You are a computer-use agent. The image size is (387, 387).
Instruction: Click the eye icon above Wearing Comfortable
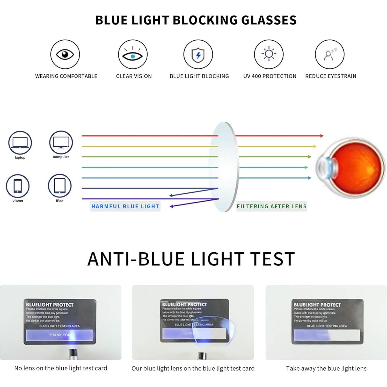coord(65,54)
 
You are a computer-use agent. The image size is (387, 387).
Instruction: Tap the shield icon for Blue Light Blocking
coord(198,55)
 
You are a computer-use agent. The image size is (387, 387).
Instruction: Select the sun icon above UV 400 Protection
coord(269,54)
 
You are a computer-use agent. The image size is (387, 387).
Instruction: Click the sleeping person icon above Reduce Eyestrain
coord(330,54)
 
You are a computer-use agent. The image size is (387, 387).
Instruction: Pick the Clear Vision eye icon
coord(133,55)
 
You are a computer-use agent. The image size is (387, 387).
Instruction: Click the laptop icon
coord(20,143)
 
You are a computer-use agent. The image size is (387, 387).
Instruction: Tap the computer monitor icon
coord(61,142)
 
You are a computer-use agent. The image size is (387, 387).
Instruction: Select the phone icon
coord(18,186)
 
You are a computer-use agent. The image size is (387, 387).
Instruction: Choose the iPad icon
coord(60,186)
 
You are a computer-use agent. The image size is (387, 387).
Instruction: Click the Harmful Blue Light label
coord(125,206)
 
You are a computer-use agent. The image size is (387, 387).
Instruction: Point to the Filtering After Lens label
coord(272,206)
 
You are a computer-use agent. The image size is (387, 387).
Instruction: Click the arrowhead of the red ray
coord(322,136)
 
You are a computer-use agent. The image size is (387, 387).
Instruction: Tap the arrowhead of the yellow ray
coord(315,147)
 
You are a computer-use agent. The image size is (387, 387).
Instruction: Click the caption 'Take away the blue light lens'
coord(326,368)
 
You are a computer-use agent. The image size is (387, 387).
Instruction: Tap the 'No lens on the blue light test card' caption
coord(61,368)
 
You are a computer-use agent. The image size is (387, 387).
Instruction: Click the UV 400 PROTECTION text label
coord(270,76)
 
